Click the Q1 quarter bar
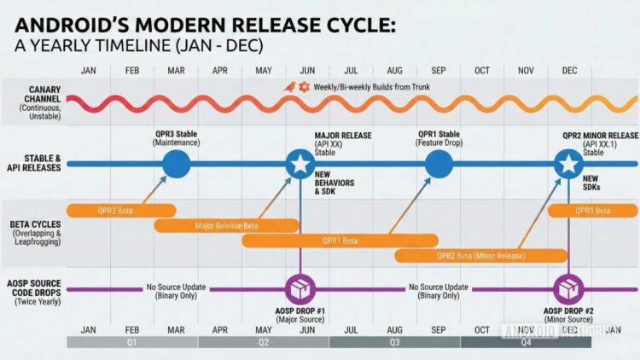click(x=132, y=342)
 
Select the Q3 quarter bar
click(x=394, y=342)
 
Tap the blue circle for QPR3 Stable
click(x=176, y=163)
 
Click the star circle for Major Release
click(x=300, y=163)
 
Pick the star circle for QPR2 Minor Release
click(x=568, y=163)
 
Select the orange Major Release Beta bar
click(x=226, y=225)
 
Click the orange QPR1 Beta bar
click(x=340, y=241)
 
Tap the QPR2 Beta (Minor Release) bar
click(x=480, y=255)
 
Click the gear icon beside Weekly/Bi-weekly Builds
click(x=304, y=87)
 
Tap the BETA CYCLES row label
click(x=32, y=230)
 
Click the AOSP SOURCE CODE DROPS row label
click(x=32, y=289)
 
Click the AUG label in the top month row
click(x=394, y=71)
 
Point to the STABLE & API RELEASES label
click(x=32, y=162)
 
